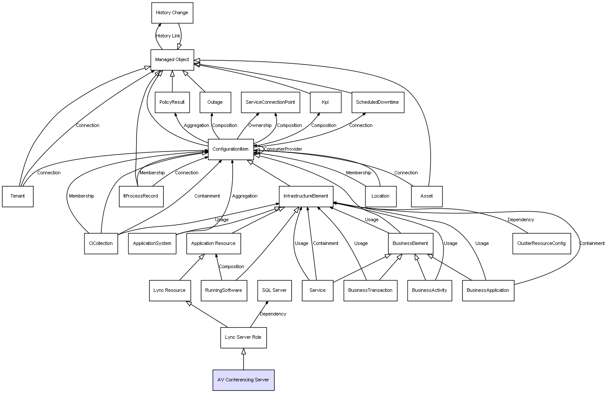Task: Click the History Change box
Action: click(172, 13)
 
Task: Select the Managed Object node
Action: click(172, 60)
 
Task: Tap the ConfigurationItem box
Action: click(231, 149)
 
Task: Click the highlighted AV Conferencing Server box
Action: click(243, 380)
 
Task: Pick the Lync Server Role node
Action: click(243, 337)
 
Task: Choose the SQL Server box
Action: click(274, 291)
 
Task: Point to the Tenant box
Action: click(18, 196)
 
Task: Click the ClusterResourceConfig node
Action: click(542, 244)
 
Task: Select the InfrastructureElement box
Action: click(306, 196)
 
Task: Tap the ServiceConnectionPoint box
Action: click(270, 102)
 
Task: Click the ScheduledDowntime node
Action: click(378, 102)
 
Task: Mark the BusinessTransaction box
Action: click(370, 291)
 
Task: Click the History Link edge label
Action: click(168, 36)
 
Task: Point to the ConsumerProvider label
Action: click(283, 149)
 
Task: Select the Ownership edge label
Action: click(260, 125)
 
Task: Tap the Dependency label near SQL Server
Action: click(273, 314)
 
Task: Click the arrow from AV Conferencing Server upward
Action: click(243, 359)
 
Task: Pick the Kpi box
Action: click(325, 102)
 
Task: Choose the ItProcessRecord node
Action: click(141, 196)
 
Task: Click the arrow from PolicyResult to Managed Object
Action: click(172, 81)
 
